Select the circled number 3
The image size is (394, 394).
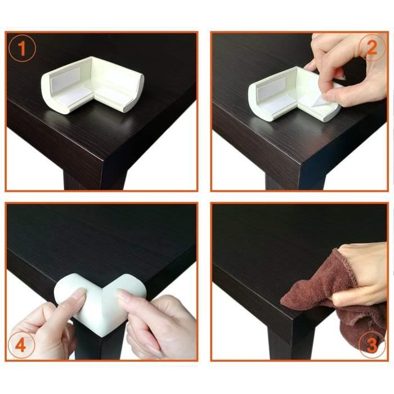click(371, 344)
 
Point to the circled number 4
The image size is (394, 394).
click(23, 344)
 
